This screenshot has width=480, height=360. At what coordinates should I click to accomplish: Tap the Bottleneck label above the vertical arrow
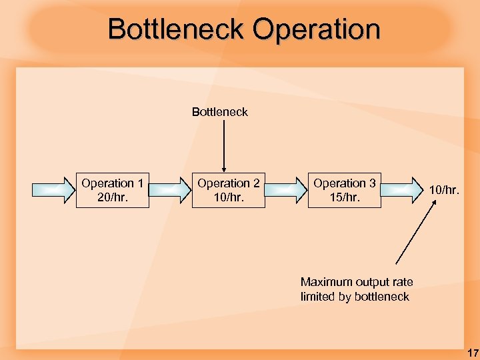[x=219, y=112]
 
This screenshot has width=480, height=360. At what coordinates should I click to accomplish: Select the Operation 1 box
[x=112, y=190]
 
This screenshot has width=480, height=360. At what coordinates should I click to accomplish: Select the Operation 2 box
[x=229, y=190]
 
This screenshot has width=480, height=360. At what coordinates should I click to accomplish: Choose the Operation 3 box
[x=344, y=190]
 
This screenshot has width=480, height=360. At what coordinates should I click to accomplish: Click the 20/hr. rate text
[x=112, y=197]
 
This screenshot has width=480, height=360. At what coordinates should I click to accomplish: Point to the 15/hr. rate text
[x=344, y=197]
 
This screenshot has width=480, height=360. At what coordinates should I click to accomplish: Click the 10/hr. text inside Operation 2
[x=229, y=197]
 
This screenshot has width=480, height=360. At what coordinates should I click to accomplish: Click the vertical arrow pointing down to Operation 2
[x=224, y=147]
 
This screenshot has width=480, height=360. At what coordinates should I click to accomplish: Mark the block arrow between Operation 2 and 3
[x=287, y=190]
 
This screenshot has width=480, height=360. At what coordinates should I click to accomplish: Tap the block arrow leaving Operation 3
[x=403, y=190]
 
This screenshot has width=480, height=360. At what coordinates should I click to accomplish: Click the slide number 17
[x=471, y=351]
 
